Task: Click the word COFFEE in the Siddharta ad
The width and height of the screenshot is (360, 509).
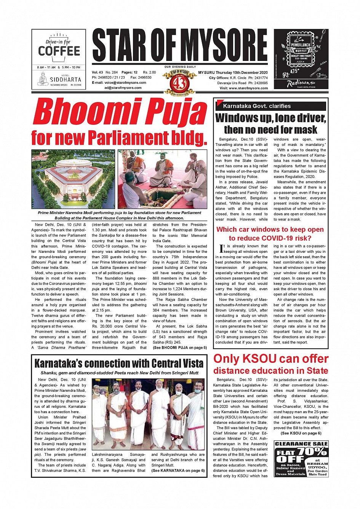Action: (59, 51)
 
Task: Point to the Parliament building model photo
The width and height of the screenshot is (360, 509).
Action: (73, 179)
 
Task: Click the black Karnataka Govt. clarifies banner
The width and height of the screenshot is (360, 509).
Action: (270, 106)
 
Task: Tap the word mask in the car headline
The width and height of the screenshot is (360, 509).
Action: (304, 130)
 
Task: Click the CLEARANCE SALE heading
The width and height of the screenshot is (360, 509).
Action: (301, 444)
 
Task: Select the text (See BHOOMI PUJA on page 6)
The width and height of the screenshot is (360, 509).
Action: (180, 348)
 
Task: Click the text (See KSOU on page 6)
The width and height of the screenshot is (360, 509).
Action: (301, 433)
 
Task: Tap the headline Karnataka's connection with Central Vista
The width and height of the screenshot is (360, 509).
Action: (119, 364)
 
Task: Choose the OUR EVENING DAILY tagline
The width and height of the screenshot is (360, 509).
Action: (180, 67)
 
